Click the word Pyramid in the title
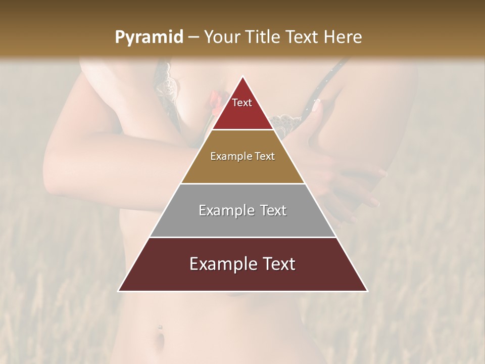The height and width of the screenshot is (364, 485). pos(149,37)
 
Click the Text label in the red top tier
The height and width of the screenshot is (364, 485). pos(242,103)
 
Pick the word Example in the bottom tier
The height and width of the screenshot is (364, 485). pos(223,264)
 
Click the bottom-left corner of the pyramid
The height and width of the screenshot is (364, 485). pos(119,291)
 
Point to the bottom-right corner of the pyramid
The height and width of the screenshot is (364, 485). pos(367,291)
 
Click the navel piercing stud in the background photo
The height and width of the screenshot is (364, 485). pos(160,328)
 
